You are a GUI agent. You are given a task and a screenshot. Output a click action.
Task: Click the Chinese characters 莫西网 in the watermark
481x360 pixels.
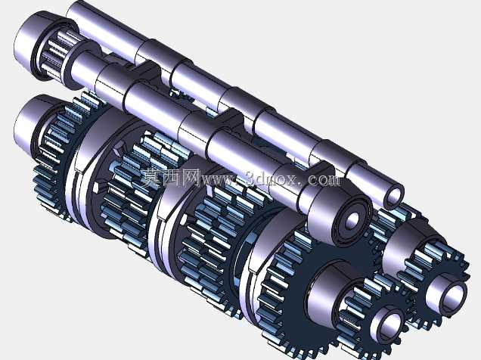171,178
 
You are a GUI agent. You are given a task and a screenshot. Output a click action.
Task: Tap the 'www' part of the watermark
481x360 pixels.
219,180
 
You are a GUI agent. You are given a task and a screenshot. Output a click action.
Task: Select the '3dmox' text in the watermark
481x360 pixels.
273,178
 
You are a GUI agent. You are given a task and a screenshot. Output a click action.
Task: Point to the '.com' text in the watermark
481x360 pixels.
322,179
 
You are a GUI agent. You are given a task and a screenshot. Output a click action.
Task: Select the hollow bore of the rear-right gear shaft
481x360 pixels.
453,295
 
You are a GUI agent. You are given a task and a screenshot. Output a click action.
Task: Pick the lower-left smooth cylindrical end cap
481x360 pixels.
31,123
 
